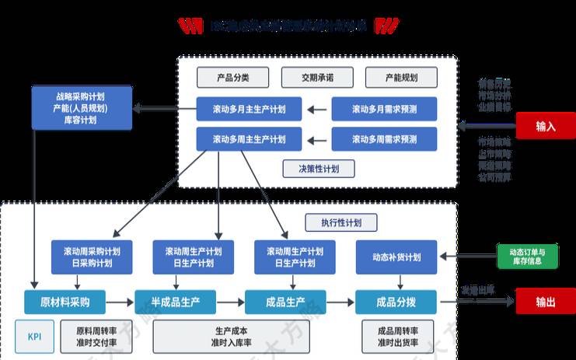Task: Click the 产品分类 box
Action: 232,77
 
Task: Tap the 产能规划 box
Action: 400,77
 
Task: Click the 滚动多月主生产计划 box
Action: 249,109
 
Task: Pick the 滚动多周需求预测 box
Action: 384,139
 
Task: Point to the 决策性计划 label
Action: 319,168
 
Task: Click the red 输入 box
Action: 545,124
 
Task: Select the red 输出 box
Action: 545,302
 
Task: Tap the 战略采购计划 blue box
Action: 81,108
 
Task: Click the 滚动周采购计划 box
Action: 92,257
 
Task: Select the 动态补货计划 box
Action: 396,257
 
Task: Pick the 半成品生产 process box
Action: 174,302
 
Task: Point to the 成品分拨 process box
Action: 396,302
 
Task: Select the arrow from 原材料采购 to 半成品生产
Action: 119,302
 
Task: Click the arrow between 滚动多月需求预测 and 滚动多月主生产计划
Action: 317,109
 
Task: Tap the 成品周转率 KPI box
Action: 396,336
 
